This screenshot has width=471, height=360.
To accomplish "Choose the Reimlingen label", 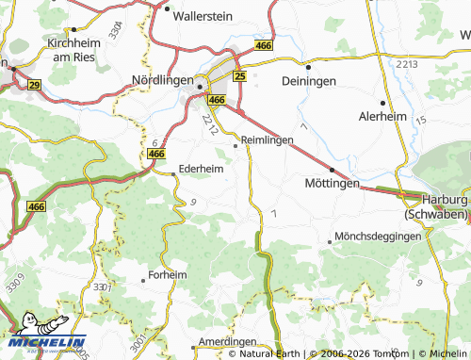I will [x=268, y=139].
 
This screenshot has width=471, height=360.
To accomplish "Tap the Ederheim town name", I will [x=201, y=170].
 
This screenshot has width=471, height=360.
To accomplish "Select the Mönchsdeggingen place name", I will [x=378, y=236].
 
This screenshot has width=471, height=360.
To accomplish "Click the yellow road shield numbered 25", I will [x=239, y=75].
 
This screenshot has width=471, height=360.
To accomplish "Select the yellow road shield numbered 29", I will [x=35, y=85].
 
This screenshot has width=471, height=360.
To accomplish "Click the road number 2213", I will [x=407, y=63].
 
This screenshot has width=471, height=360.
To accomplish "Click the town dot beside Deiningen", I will [x=308, y=68].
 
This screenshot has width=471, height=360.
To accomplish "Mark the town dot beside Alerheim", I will [x=382, y=103].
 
